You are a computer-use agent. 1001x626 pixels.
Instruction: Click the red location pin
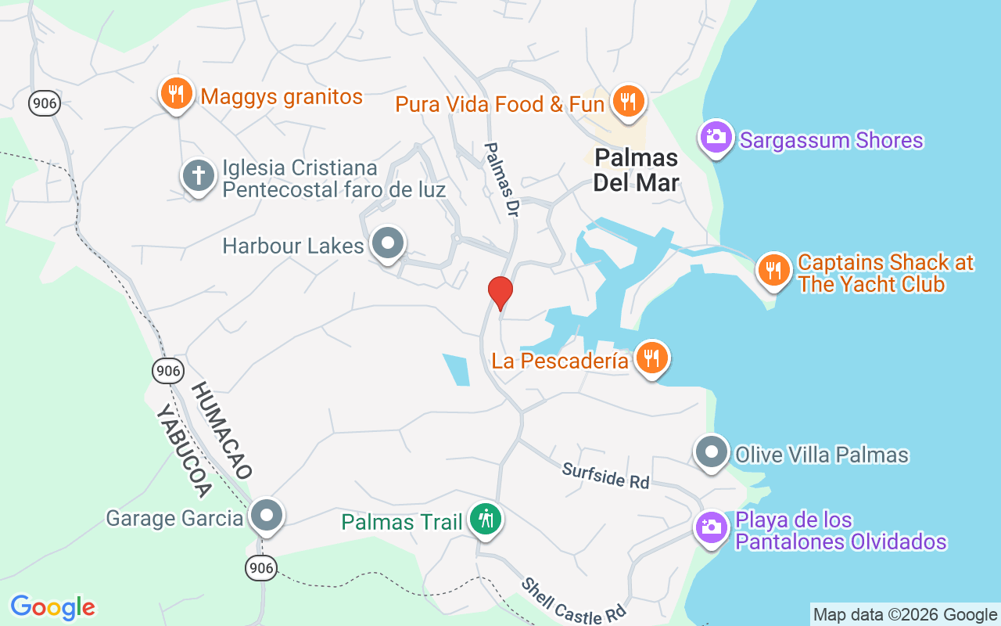500,292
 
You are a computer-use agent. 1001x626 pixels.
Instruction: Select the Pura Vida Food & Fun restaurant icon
628,101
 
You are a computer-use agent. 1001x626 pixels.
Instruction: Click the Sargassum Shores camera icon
715,138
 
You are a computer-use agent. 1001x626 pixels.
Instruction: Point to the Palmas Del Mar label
636,170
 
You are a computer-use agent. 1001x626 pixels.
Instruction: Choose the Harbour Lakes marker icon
387,243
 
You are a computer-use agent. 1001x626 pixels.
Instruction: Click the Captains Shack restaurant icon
773,271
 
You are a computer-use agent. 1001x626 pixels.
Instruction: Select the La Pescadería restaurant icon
651,358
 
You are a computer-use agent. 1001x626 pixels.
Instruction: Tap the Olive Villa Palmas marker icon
712,452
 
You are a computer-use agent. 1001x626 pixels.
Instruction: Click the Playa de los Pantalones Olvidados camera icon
712,527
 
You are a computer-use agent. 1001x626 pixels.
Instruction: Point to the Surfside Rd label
606,475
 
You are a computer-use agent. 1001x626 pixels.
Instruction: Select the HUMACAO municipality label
222,430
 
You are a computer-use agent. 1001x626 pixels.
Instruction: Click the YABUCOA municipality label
185,452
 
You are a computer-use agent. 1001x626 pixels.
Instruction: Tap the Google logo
53,607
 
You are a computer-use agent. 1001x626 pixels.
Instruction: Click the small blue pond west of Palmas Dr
457,369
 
